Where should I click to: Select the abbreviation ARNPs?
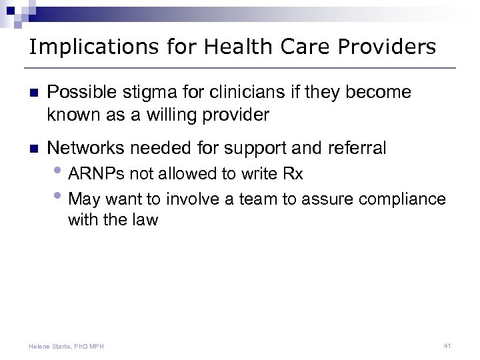point(99,175)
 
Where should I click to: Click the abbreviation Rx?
point(292,175)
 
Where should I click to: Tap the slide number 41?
point(447,345)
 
